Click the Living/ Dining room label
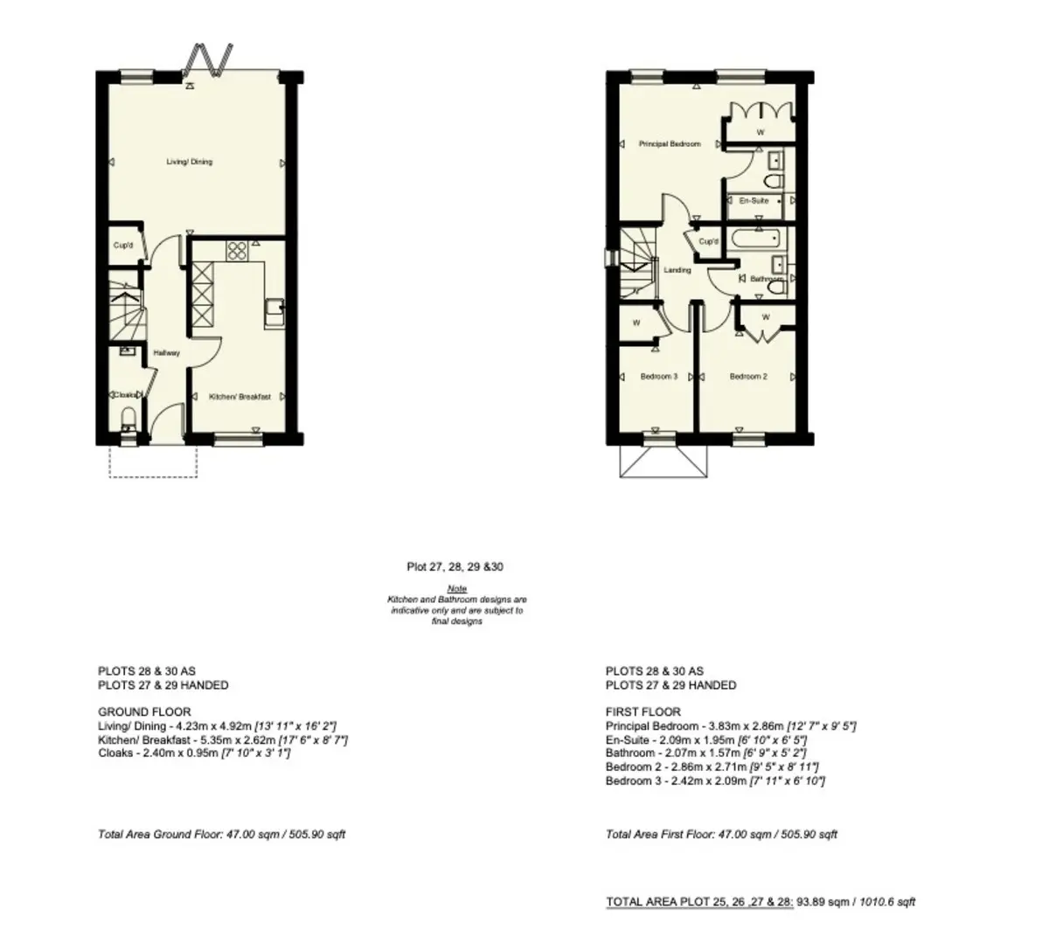pyautogui.click(x=190, y=162)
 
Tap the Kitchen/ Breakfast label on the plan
pyautogui.click(x=240, y=397)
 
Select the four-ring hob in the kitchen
pyautogui.click(x=237, y=251)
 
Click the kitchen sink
pyautogui.click(x=274, y=313)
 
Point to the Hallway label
pyautogui.click(x=167, y=353)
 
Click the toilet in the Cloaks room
pyautogui.click(x=128, y=420)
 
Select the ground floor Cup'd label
pyautogui.click(x=123, y=246)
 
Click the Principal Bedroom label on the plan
pyautogui.click(x=670, y=144)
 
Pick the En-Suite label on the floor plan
pyautogui.click(x=754, y=201)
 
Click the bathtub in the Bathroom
pyautogui.click(x=755, y=239)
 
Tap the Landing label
pyautogui.click(x=677, y=270)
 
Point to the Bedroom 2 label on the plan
pyautogui.click(x=748, y=377)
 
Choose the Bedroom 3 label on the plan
pyautogui.click(x=658, y=377)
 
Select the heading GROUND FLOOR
pyautogui.click(x=144, y=712)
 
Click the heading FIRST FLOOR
pyautogui.click(x=643, y=712)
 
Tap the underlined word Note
pyautogui.click(x=456, y=589)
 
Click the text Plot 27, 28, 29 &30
pyautogui.click(x=455, y=567)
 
